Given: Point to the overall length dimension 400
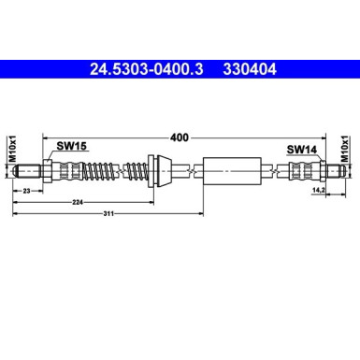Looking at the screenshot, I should coord(180,137).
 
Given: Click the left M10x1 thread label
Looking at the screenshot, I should coord(12,151).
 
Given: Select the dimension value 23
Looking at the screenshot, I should coord(27,190).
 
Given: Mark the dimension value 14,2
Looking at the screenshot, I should coord(317,190).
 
